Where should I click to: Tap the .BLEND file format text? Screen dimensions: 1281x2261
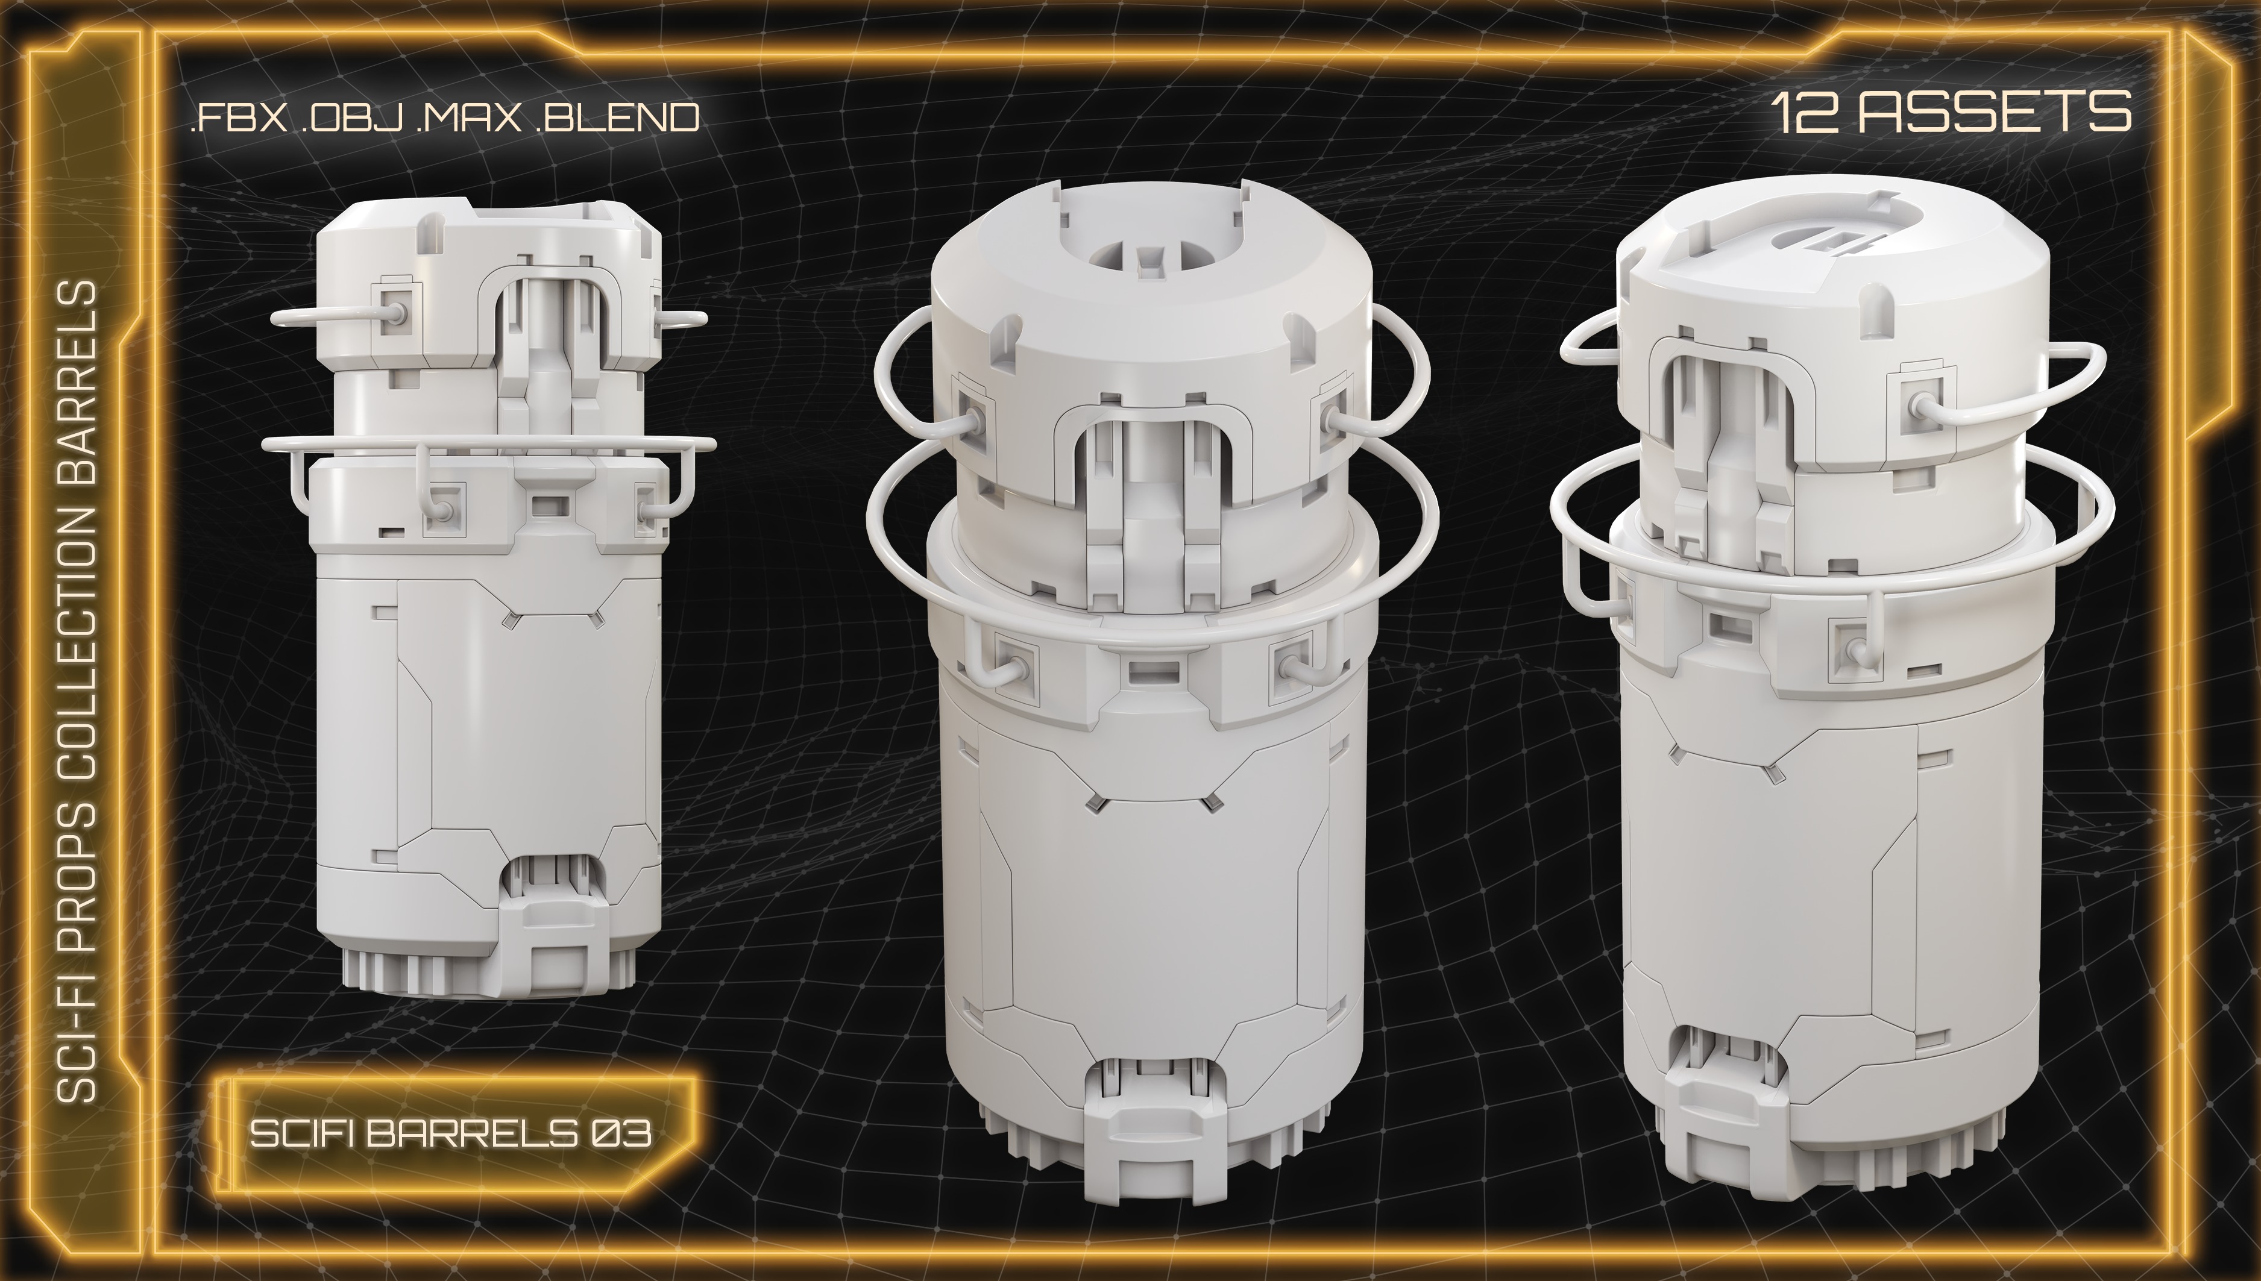616,117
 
